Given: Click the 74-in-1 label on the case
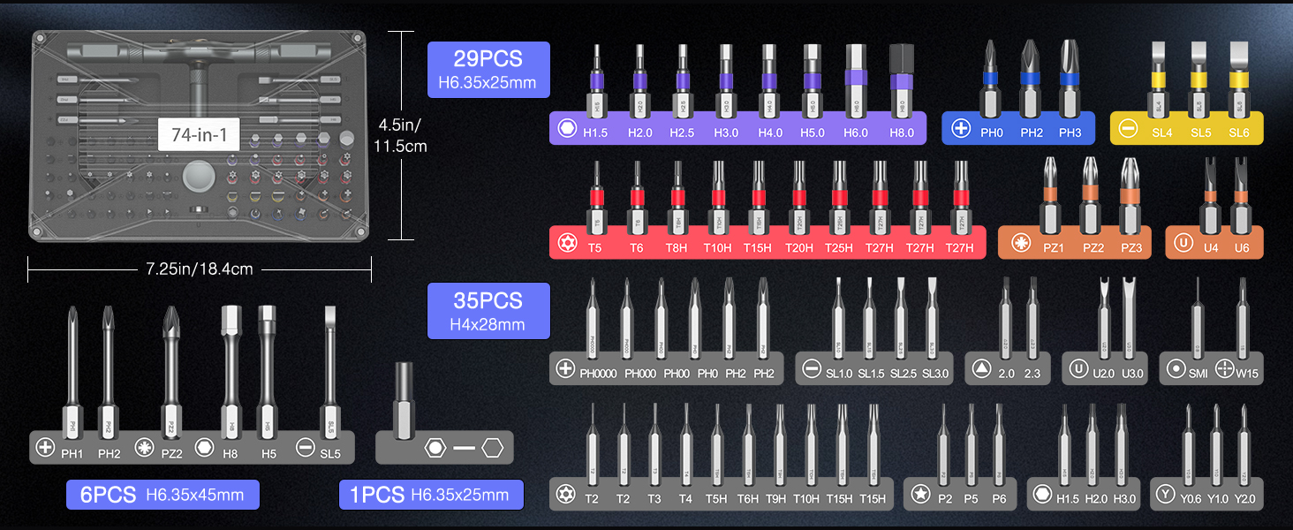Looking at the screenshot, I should click(200, 135).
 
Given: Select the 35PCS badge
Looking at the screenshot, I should click(488, 311).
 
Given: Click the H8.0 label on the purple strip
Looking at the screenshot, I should click(902, 132).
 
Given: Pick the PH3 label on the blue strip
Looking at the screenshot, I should click(1070, 132).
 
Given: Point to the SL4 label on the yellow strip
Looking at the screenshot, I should click(1162, 132).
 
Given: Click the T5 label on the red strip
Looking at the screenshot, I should click(595, 248).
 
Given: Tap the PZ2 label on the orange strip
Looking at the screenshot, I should click(1093, 248).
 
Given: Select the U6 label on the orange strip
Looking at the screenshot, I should click(1242, 248).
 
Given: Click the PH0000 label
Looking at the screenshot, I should click(598, 374).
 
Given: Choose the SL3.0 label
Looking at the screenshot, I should click(934, 374).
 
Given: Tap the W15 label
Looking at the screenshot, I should click(1247, 374).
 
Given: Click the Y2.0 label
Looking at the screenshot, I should click(1244, 499).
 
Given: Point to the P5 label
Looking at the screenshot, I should click(972, 499).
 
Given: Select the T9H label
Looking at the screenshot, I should click(776, 499).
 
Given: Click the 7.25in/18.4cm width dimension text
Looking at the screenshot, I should click(200, 269).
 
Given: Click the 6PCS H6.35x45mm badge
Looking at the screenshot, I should click(163, 495).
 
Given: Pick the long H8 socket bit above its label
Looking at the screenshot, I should click(231, 362).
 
